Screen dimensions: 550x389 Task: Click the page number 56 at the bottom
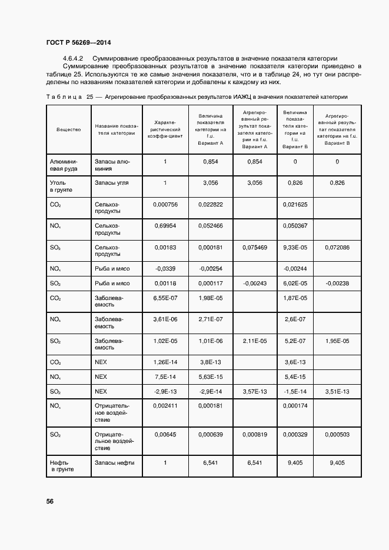point(50,501)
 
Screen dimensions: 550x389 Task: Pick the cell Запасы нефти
point(114,463)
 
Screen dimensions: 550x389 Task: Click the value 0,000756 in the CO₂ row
point(165,204)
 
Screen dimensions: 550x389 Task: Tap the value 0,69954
point(165,226)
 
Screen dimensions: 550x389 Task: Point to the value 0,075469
point(255,248)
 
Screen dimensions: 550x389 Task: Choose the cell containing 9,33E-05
point(295,248)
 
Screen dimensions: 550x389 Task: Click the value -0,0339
point(165,269)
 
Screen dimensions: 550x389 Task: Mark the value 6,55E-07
point(165,298)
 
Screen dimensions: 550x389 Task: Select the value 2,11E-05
point(255,341)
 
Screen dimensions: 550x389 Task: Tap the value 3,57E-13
point(255,391)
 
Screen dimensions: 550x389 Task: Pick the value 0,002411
point(165,406)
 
